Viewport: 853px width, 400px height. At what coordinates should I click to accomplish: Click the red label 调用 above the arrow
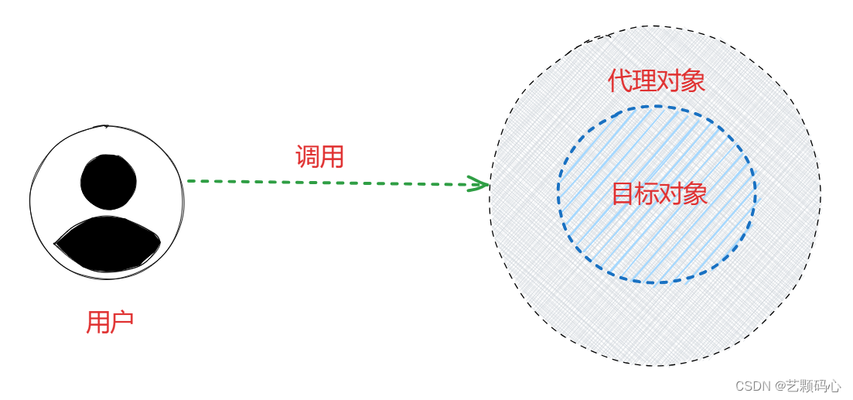(x=319, y=157)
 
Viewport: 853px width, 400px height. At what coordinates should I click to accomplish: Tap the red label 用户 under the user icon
(x=110, y=322)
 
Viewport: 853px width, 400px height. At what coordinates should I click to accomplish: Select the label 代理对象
(x=657, y=80)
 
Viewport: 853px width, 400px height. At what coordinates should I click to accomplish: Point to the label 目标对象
(x=659, y=193)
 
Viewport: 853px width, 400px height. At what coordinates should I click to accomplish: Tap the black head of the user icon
(x=108, y=182)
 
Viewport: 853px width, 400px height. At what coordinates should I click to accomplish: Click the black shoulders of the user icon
(x=107, y=244)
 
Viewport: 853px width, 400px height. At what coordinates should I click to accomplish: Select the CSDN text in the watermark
(x=753, y=386)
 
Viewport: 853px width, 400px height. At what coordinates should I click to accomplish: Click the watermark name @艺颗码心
(x=809, y=386)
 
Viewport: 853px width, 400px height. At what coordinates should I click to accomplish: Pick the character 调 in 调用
(x=308, y=157)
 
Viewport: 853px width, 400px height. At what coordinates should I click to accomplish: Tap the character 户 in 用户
(x=122, y=322)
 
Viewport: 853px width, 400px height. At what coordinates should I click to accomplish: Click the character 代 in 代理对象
(x=620, y=80)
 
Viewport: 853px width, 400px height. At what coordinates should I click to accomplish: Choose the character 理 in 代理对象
(x=644, y=80)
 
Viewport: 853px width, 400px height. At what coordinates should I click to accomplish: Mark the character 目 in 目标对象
(x=623, y=193)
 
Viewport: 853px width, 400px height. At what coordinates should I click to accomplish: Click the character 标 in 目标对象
(x=647, y=193)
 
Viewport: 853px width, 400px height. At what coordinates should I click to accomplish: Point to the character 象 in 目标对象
(x=695, y=193)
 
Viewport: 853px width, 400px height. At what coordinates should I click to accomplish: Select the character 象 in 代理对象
(x=693, y=80)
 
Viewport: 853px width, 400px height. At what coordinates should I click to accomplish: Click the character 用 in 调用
(x=332, y=157)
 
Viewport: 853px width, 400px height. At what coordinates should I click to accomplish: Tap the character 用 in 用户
(x=98, y=322)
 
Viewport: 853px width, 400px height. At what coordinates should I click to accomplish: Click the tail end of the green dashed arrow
(x=189, y=181)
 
